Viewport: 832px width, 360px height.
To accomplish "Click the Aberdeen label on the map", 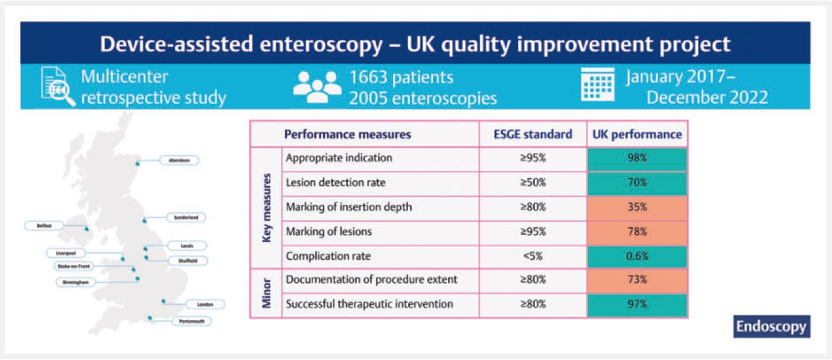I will [x=179, y=160].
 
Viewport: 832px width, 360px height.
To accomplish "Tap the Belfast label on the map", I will [x=45, y=225].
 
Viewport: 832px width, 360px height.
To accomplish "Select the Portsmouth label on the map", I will [x=192, y=321].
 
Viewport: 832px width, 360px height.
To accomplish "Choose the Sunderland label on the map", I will [x=186, y=217].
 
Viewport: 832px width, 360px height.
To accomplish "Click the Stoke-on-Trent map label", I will [x=74, y=266].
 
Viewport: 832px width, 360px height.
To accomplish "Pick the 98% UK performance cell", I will [x=636, y=158].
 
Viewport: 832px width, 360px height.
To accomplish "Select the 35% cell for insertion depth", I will [x=636, y=207].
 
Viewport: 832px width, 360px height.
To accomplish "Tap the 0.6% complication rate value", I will [x=636, y=256].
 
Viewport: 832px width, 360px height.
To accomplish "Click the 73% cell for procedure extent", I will [x=636, y=280].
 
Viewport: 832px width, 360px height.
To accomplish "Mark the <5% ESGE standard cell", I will [x=533, y=256].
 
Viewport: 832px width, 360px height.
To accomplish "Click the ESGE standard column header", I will [x=533, y=134].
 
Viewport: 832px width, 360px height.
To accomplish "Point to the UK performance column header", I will [x=636, y=134].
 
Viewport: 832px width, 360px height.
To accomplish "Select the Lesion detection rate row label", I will [x=335, y=183].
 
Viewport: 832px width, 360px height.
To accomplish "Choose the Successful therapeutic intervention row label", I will [x=369, y=304].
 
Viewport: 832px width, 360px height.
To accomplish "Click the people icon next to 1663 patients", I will [x=317, y=86].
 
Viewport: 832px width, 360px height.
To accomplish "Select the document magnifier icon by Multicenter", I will [x=58, y=86].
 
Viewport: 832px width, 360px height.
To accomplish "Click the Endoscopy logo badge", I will [x=771, y=326].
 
